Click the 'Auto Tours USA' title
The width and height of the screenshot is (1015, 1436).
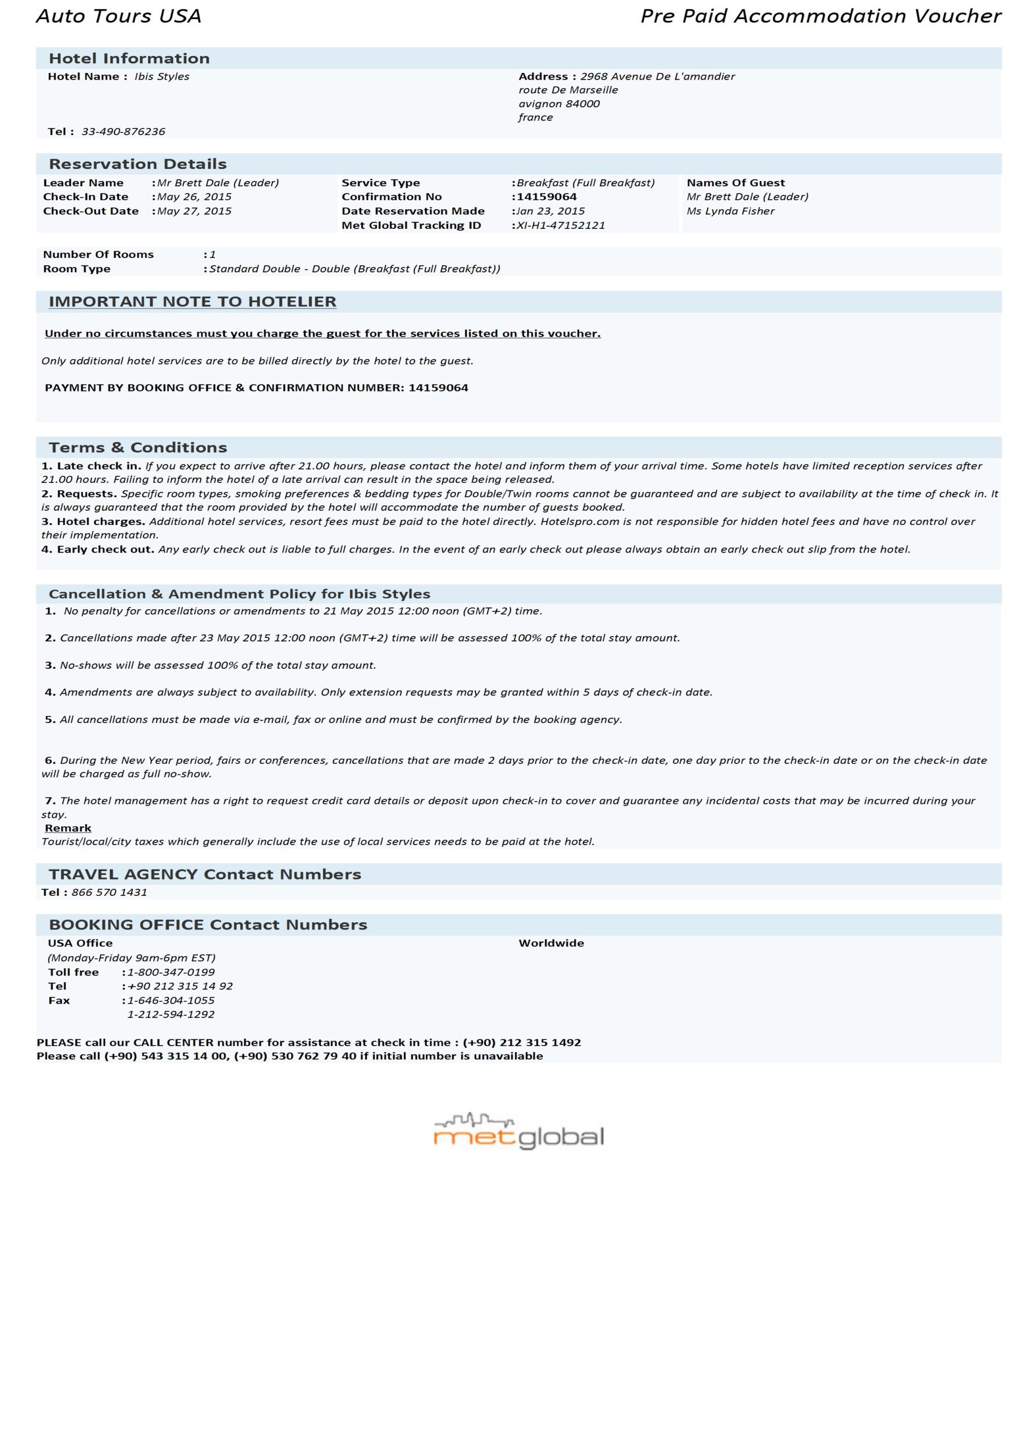coord(119,16)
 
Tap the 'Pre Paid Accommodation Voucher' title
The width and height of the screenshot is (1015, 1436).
coord(820,16)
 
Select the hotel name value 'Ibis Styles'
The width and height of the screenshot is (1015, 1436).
coord(162,76)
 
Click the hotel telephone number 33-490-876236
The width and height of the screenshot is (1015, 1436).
coord(123,131)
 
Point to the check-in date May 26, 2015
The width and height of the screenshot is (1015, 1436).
coord(194,196)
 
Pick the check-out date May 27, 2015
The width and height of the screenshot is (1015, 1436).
coord(194,211)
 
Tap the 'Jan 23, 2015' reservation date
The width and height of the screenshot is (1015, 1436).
coord(550,211)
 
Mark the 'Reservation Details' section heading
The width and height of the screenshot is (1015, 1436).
coord(137,164)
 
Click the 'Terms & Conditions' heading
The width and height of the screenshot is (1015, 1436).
coord(137,447)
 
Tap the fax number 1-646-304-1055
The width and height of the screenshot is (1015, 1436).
coord(170,1000)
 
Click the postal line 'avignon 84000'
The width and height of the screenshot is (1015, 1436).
coord(559,104)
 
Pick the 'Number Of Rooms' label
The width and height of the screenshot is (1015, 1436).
coord(98,255)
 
